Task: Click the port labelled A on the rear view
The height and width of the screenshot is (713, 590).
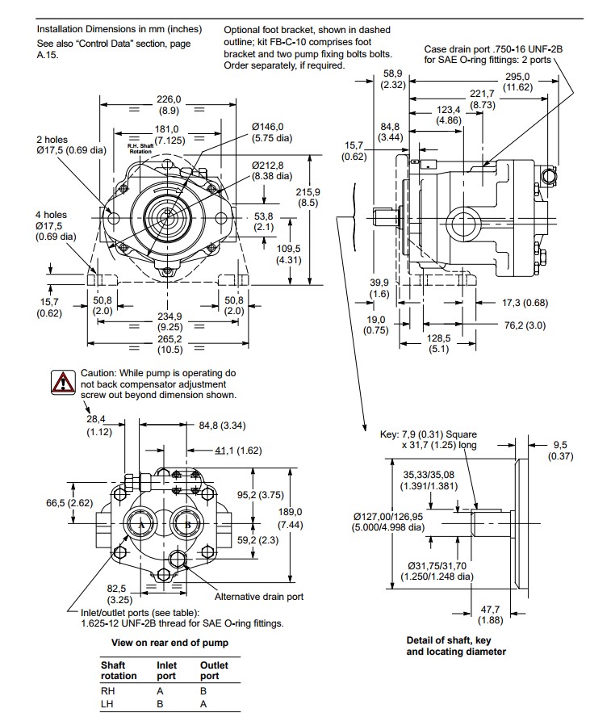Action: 141,525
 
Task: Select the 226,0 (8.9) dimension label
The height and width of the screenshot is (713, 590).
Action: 169,104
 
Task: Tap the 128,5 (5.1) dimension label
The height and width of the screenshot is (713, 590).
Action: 437,344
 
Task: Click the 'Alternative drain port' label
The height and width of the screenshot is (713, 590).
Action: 259,597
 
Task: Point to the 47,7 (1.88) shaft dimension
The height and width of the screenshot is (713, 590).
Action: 490,614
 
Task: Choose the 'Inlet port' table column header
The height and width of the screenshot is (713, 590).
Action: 166,670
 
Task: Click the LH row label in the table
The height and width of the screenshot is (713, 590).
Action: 107,703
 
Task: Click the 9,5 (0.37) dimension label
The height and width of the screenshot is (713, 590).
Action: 560,450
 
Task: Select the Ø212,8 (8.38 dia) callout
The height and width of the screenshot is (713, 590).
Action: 271,170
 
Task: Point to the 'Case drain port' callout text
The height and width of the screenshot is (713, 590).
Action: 493,54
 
